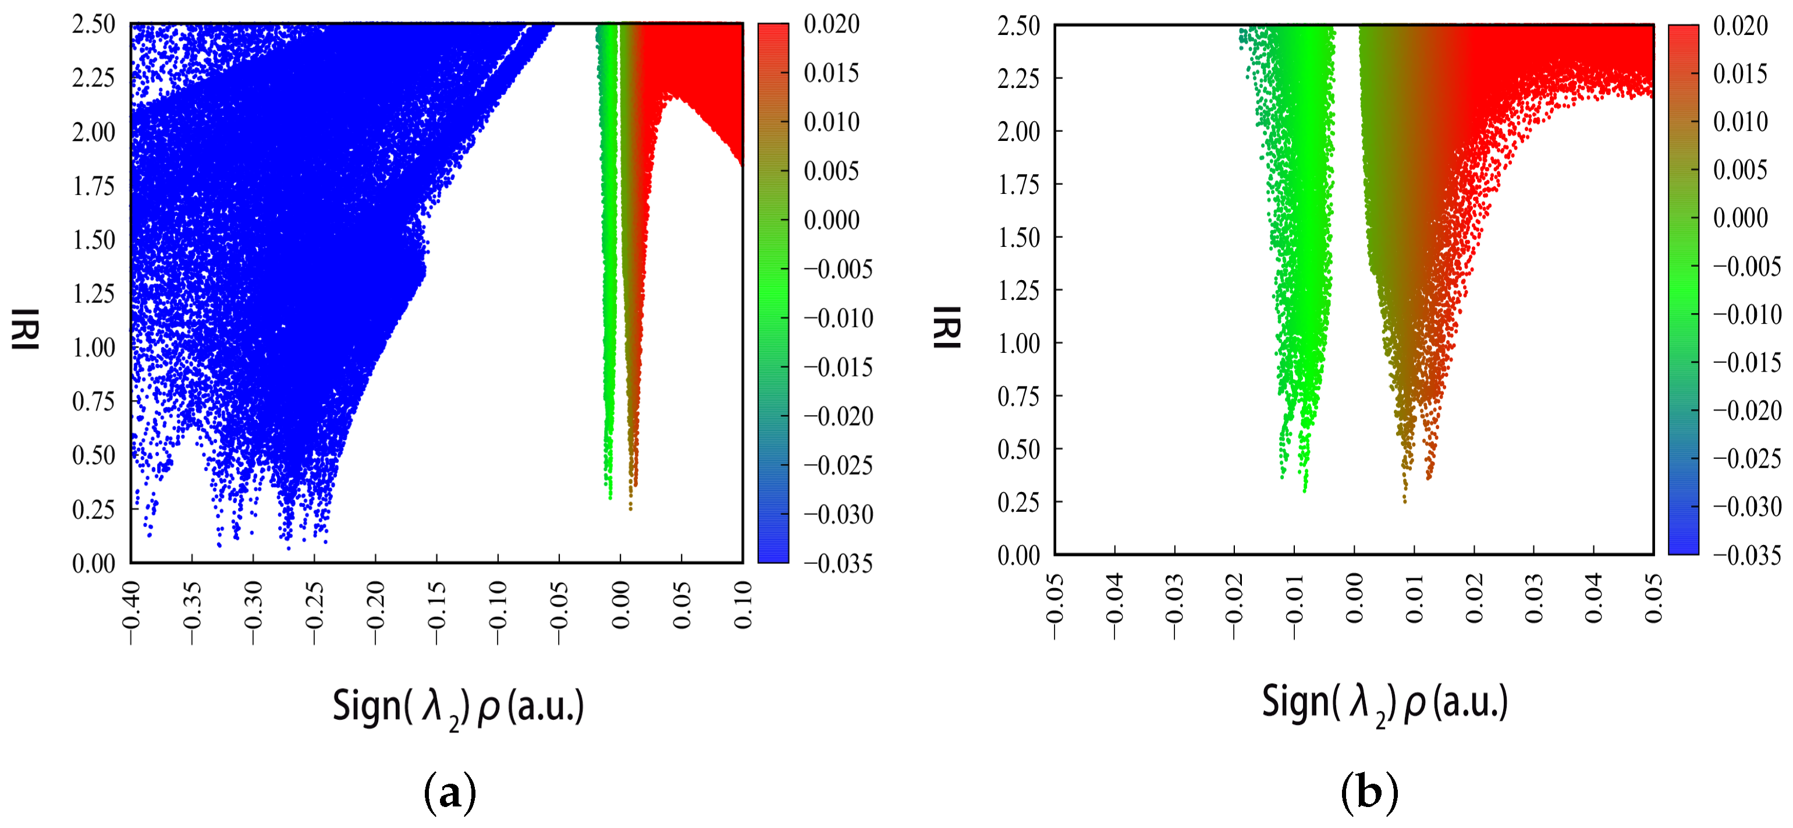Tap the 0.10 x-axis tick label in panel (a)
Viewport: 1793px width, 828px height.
(x=743, y=606)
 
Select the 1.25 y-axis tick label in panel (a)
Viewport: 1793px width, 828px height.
(x=93, y=294)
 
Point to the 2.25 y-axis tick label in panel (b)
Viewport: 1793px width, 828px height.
(x=1018, y=79)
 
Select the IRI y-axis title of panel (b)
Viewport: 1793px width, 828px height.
(x=947, y=327)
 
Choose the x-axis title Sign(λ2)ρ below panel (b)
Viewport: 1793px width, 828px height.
(x=1384, y=703)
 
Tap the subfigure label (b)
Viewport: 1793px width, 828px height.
(x=1369, y=792)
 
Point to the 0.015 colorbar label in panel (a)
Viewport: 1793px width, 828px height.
(x=831, y=73)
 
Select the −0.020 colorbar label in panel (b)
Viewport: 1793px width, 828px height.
(x=1747, y=410)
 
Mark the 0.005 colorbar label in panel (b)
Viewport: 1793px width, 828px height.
(x=1740, y=169)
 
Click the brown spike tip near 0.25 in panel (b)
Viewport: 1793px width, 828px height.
(x=1405, y=500)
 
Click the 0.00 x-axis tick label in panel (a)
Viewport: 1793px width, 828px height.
(x=620, y=606)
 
